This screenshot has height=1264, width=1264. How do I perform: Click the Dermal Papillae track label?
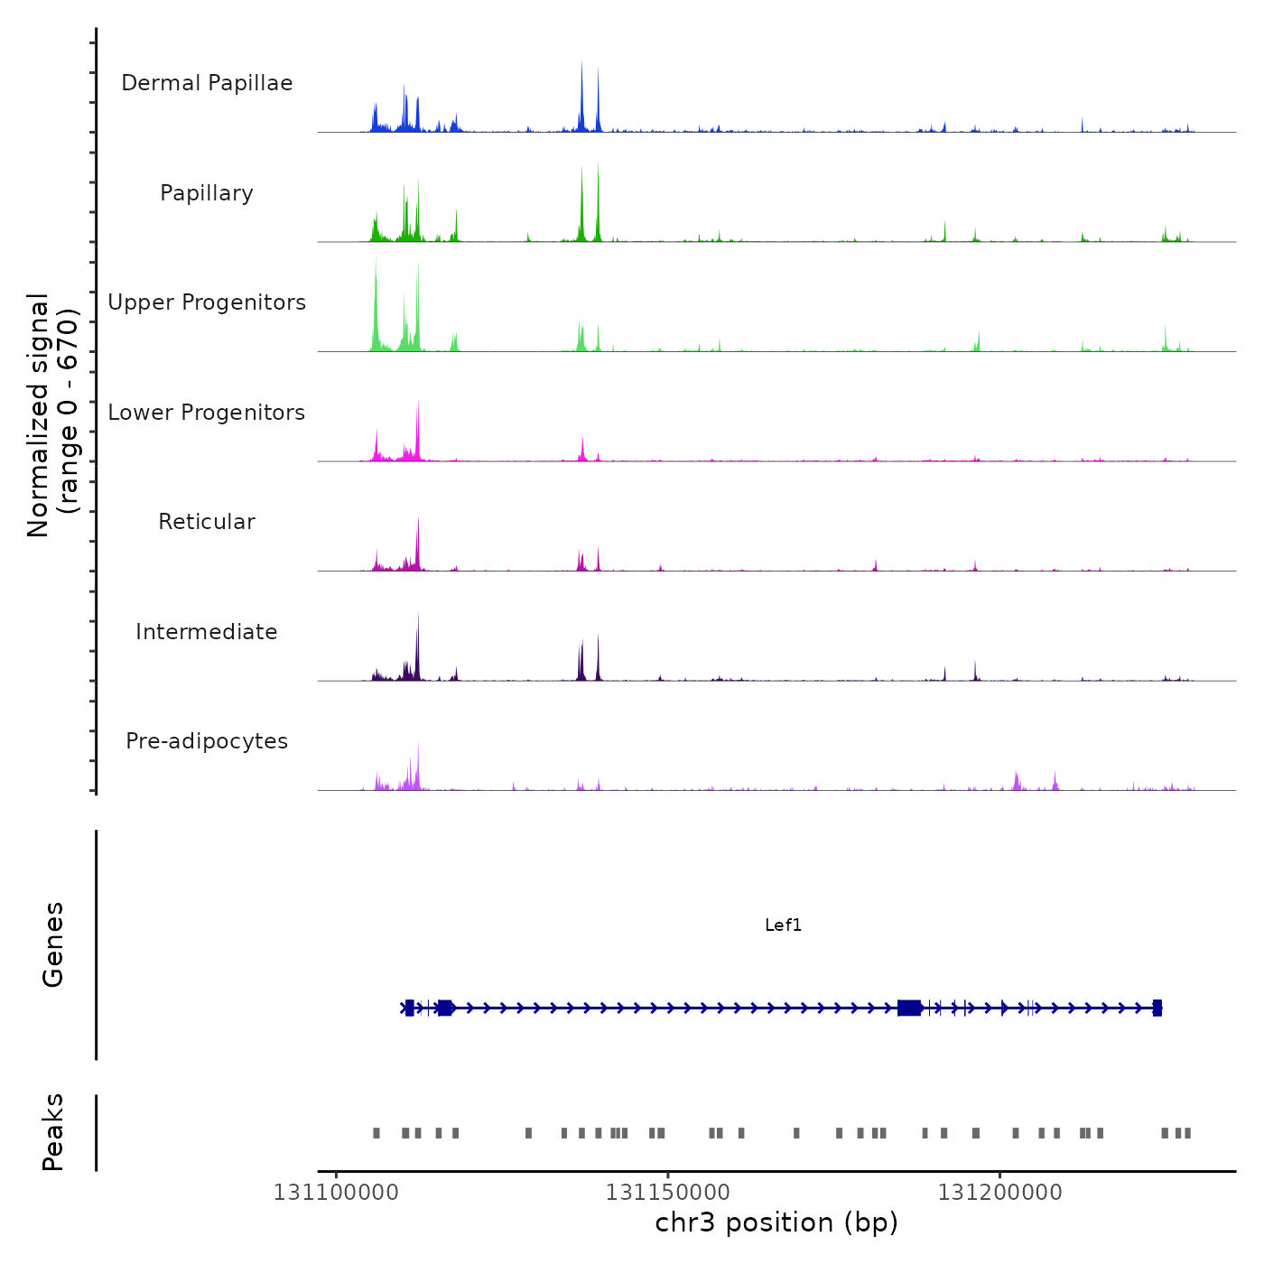click(x=207, y=83)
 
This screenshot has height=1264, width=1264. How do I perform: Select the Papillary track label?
click(x=207, y=193)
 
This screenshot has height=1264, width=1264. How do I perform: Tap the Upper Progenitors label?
click(x=207, y=302)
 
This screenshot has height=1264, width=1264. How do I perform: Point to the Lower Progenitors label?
click(x=207, y=413)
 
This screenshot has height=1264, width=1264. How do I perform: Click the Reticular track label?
click(x=207, y=522)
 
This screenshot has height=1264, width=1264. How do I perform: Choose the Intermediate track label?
click(x=207, y=632)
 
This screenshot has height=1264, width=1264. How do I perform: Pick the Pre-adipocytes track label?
click(x=207, y=741)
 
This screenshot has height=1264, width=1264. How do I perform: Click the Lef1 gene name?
click(x=783, y=925)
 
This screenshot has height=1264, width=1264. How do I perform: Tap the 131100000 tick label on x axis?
click(x=336, y=1193)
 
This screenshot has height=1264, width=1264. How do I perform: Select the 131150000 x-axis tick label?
click(x=668, y=1193)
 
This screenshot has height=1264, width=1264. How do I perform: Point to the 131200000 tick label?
click(x=999, y=1193)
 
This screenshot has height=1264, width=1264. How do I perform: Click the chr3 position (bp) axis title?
click(x=776, y=1223)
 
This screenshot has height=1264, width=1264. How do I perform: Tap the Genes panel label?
click(x=53, y=944)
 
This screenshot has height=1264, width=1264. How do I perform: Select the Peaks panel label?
click(x=53, y=1132)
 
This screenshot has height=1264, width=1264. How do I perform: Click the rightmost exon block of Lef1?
click(x=1157, y=1008)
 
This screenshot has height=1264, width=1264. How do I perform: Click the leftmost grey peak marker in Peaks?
click(x=376, y=1133)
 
